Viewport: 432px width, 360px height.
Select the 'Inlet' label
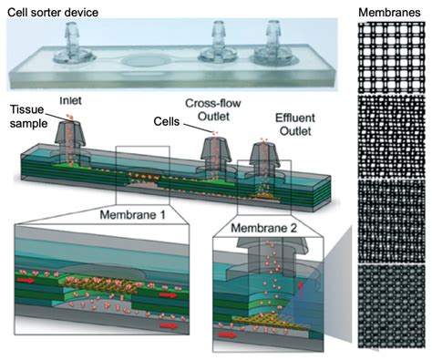(74, 98)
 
